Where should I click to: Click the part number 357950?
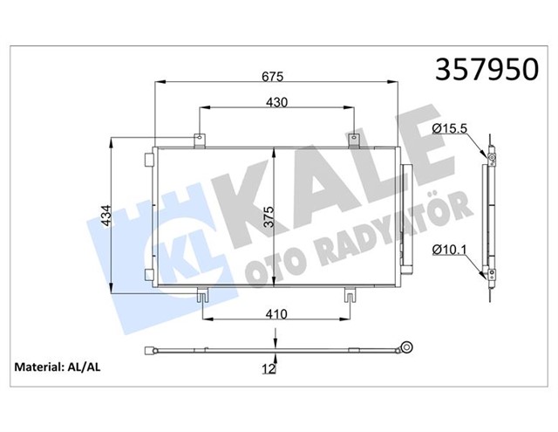point(487,69)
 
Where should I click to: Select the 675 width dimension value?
point(272,77)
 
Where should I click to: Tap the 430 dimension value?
point(276,103)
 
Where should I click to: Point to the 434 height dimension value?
point(106,216)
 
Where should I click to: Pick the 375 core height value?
point(269,216)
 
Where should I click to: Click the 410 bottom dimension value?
point(276,314)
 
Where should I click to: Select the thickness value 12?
point(269,369)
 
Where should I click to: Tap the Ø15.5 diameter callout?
point(450,128)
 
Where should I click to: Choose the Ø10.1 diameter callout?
point(449,250)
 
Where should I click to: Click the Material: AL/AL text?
point(58,367)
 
